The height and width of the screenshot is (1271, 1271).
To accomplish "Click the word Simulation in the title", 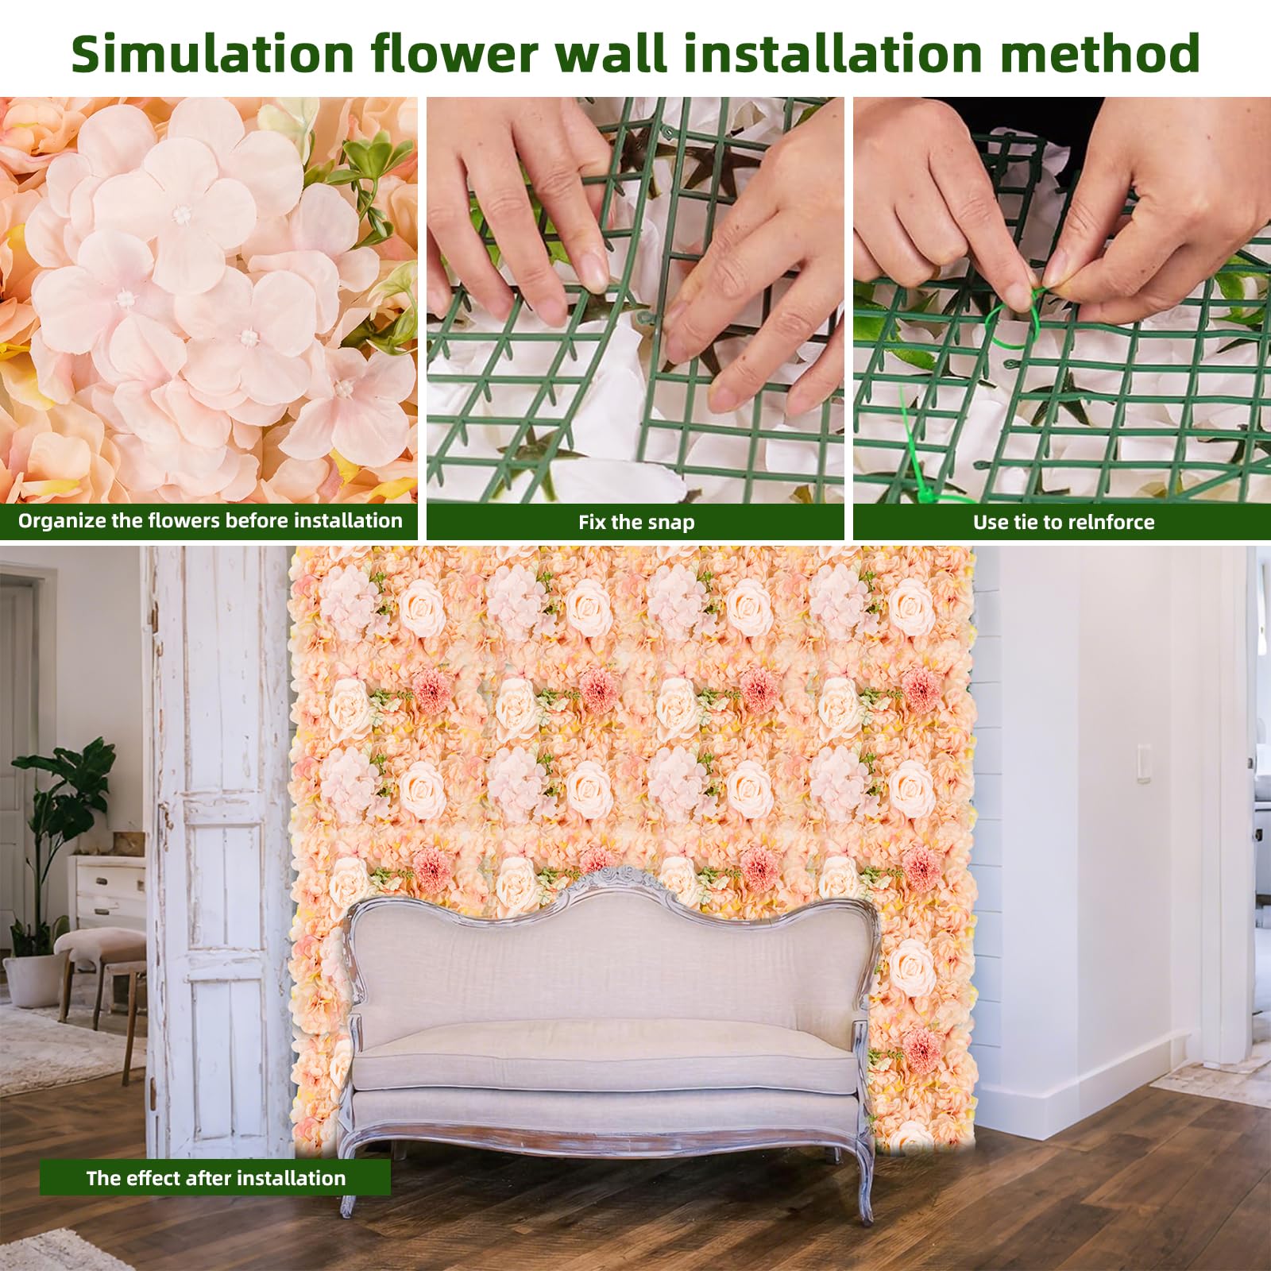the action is pyautogui.click(x=212, y=53).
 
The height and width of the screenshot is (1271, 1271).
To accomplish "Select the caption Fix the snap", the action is pyautogui.click(x=636, y=522).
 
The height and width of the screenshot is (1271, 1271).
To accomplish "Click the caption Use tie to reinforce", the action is pyautogui.click(x=1064, y=522).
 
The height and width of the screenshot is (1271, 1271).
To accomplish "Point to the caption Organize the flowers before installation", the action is pyautogui.click(x=211, y=520).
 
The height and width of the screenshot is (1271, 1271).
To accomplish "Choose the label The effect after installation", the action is pyautogui.click(x=216, y=1177).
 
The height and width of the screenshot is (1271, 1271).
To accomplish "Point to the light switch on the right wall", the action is pyautogui.click(x=1142, y=763).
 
